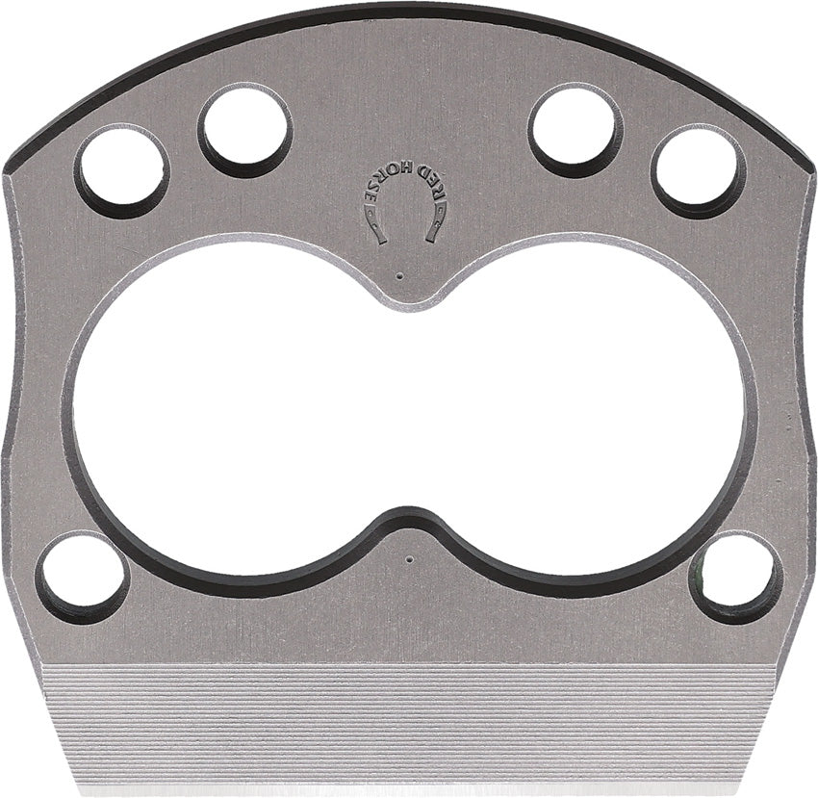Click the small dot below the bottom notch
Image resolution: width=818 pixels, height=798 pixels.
[409, 557]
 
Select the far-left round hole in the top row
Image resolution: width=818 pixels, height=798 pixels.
[122, 170]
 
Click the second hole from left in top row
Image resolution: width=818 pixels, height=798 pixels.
[245, 130]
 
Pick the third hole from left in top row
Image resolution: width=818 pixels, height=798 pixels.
[575, 130]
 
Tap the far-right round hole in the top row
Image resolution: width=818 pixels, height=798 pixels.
[698, 170]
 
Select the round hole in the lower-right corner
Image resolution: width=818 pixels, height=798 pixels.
[736, 578]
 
